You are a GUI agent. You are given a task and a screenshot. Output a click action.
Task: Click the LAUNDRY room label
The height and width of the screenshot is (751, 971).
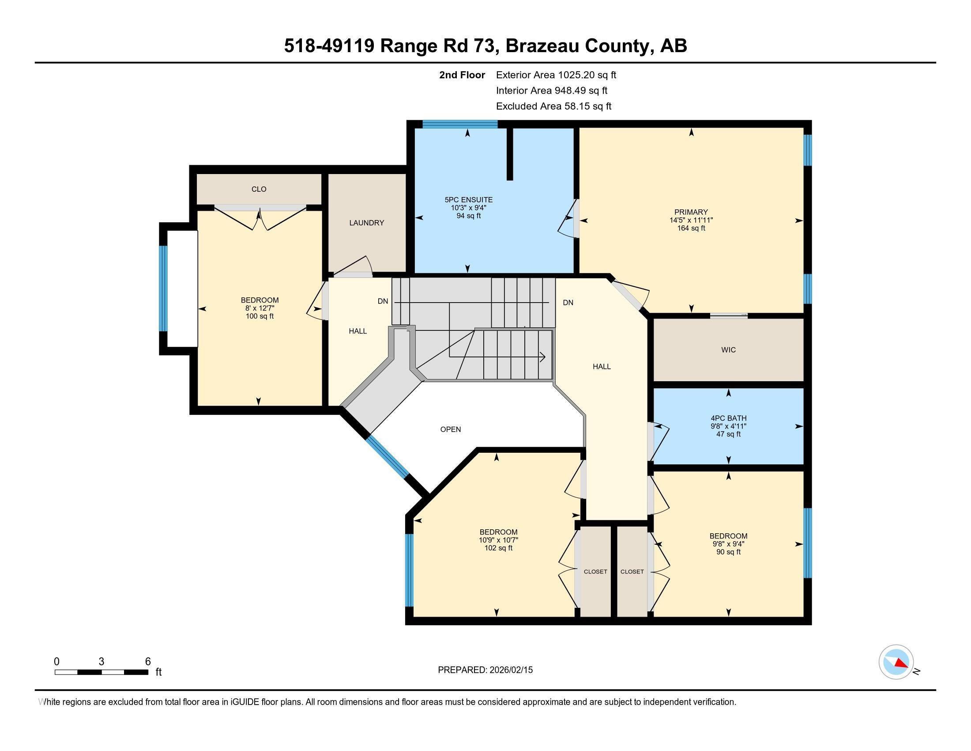pyautogui.click(x=366, y=223)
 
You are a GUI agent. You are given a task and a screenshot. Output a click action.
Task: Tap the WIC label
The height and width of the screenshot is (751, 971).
pyautogui.click(x=728, y=350)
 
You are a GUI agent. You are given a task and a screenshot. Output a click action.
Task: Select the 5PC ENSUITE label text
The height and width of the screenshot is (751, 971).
pyautogui.click(x=468, y=200)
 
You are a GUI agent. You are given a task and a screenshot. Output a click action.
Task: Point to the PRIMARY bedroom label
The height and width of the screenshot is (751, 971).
pyautogui.click(x=690, y=212)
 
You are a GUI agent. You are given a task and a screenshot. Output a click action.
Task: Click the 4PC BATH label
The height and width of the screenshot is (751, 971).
pyautogui.click(x=728, y=418)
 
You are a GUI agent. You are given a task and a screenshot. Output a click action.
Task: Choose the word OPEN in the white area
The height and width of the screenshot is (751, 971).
pyautogui.click(x=450, y=429)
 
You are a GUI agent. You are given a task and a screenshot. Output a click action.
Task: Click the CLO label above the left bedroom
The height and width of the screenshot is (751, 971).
pyautogui.click(x=259, y=189)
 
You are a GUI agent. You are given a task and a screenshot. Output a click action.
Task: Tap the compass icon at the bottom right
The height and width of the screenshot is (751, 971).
pyautogui.click(x=896, y=662)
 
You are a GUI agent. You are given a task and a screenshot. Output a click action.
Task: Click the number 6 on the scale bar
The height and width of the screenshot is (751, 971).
pyautogui.click(x=148, y=661)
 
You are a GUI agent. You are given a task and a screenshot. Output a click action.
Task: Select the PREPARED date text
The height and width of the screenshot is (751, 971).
pyautogui.click(x=485, y=670)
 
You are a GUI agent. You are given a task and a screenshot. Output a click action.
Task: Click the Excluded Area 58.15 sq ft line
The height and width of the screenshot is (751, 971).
pyautogui.click(x=553, y=106)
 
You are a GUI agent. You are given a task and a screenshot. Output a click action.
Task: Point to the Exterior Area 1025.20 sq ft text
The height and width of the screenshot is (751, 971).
pyautogui.click(x=556, y=75)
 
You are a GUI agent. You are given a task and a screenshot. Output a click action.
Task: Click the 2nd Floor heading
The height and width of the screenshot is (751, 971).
pyautogui.click(x=462, y=75)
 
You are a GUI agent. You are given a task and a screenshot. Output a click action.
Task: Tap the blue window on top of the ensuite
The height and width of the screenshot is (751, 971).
pyautogui.click(x=460, y=124)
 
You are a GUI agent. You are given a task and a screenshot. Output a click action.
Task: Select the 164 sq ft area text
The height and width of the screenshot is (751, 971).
pyautogui.click(x=690, y=228)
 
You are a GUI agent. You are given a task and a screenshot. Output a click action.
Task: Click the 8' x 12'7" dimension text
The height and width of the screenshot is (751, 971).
pyautogui.click(x=260, y=308)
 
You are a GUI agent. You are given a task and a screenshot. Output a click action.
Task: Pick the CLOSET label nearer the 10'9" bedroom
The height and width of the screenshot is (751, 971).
pyautogui.click(x=595, y=572)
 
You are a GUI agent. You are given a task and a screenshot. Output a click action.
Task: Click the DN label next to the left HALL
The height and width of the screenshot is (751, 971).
pyautogui.click(x=383, y=302)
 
